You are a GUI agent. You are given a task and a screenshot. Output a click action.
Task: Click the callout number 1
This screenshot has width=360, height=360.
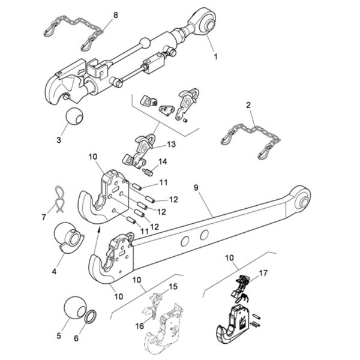[x=215, y=56]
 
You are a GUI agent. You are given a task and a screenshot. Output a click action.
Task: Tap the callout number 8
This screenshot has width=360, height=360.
[x=115, y=15]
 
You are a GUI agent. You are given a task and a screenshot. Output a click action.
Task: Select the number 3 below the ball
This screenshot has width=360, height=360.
[x=59, y=140]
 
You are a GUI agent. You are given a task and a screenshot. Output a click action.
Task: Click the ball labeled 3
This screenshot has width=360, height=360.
[x=74, y=116]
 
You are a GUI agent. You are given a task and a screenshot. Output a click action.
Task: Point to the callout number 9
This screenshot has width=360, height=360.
[x=196, y=188]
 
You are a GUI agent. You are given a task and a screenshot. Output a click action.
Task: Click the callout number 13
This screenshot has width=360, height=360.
[x=171, y=145]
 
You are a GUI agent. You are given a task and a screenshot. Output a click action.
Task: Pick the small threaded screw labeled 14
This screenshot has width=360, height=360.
[x=149, y=172]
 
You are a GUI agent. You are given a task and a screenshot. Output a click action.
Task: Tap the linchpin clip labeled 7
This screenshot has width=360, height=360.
[x=59, y=199]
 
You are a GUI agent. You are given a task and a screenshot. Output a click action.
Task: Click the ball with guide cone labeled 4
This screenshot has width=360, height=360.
[x=68, y=238]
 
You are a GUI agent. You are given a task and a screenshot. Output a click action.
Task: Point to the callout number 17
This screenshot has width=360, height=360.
[x=263, y=273]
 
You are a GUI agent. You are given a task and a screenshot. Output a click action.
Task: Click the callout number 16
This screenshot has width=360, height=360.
[x=140, y=326]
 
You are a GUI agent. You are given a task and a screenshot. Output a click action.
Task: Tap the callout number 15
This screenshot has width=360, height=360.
[x=173, y=287]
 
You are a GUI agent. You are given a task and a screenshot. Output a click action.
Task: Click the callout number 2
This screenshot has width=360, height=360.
[x=248, y=105]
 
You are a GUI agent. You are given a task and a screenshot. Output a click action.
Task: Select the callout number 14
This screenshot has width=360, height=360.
[x=163, y=161]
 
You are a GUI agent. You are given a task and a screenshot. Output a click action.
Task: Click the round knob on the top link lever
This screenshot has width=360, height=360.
[x=145, y=43]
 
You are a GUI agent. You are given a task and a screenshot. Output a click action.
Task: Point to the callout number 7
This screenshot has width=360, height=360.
[x=44, y=217]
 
